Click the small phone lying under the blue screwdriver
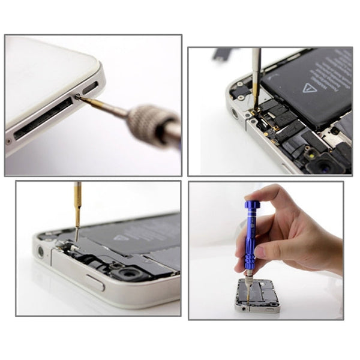(x=259, y=296)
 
